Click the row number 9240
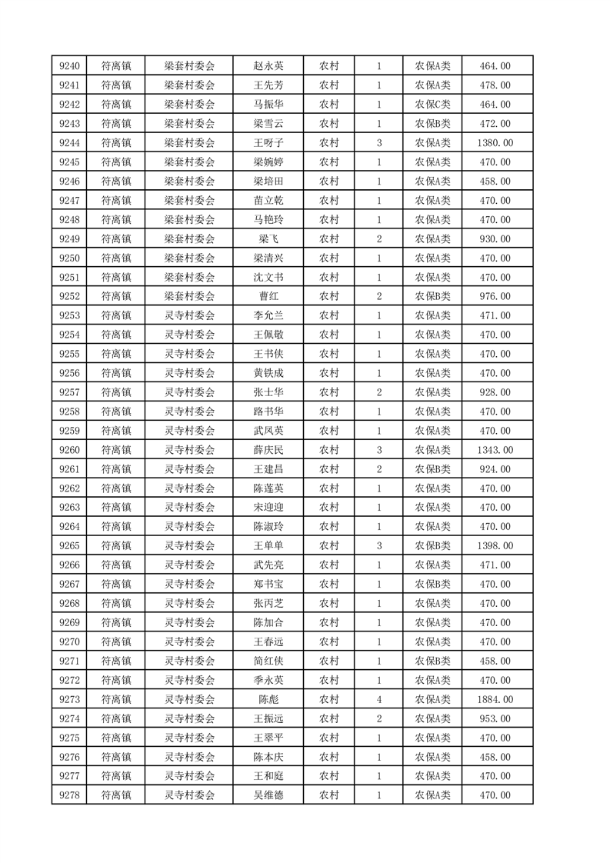[70, 66]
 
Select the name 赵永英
[268, 66]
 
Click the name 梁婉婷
[268, 162]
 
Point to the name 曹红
[268, 297]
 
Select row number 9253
[70, 316]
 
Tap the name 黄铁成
[268, 373]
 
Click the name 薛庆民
[268, 450]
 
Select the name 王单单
[268, 546]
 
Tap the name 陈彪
[268, 699]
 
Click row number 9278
[70, 795]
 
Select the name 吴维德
[268, 795]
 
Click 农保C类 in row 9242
[433, 105]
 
